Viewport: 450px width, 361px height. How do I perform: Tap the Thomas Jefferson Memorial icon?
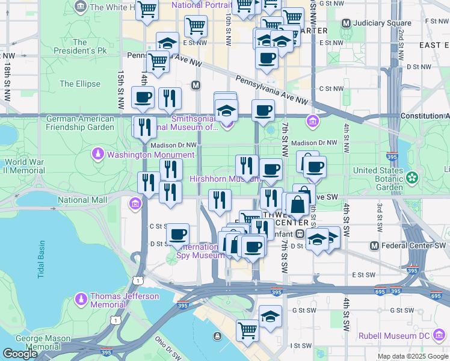pos(81,300)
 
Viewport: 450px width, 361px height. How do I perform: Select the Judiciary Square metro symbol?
pos(345,23)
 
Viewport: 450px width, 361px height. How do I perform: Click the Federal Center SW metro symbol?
pos(374,245)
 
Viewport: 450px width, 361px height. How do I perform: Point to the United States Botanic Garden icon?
pos(411,177)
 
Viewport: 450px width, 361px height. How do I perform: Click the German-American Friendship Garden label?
pos(80,123)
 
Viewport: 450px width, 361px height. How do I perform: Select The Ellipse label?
pos(80,84)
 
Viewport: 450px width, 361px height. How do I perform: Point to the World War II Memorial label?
pos(24,166)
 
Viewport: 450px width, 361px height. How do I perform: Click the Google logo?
pos(20,354)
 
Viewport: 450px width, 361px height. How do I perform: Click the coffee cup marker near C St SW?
pos(177,234)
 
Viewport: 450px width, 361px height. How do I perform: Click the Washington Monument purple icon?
pos(97,155)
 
